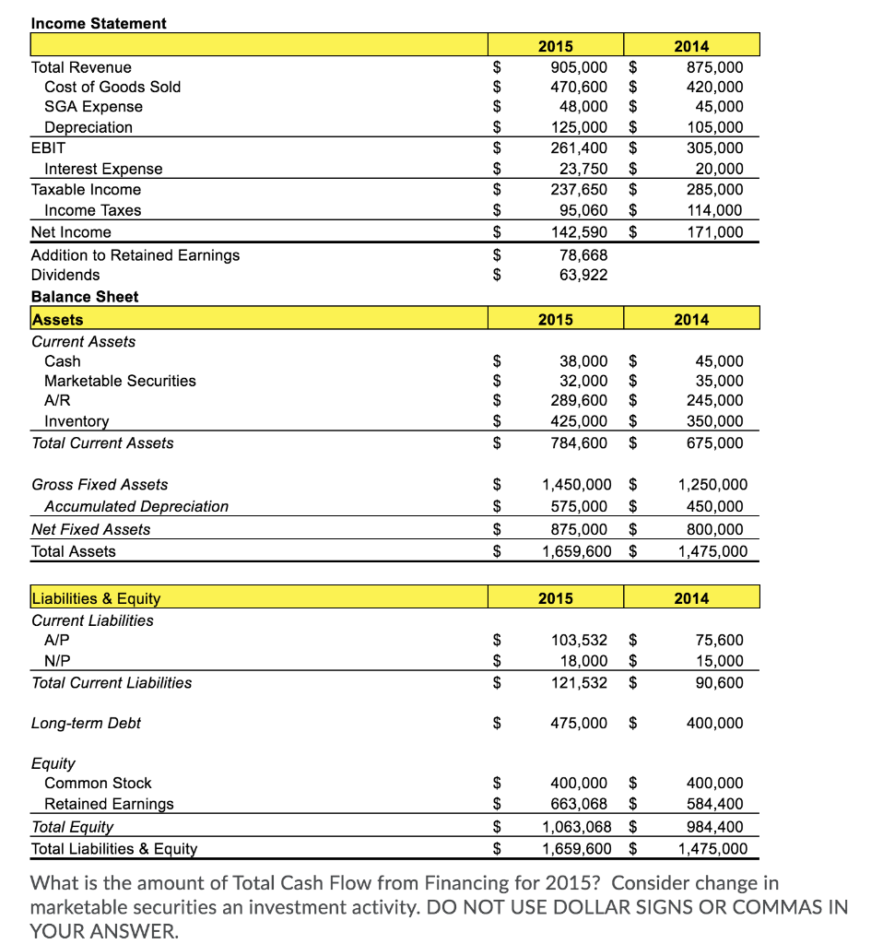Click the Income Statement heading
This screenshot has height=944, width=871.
[x=99, y=23]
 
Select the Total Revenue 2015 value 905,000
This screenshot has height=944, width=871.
[x=578, y=67]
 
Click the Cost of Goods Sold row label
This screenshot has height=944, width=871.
[x=112, y=87]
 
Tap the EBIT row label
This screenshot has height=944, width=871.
[x=48, y=147]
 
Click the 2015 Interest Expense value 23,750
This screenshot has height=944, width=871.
[x=583, y=169]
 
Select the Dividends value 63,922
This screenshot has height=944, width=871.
[x=583, y=275]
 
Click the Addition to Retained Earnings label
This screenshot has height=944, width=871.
[x=135, y=254]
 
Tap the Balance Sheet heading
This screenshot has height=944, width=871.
[x=85, y=296]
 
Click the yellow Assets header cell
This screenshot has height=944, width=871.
[x=57, y=320]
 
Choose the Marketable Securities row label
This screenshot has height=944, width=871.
[x=120, y=381]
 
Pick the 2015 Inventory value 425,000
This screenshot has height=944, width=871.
[x=578, y=421]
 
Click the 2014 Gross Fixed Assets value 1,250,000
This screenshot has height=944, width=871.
[x=712, y=484]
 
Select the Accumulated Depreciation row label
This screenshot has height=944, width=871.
[x=136, y=506]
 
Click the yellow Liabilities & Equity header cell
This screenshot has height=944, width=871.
[x=96, y=598]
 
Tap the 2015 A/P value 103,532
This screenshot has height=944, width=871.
[x=578, y=640]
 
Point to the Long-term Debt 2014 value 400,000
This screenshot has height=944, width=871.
[x=715, y=723]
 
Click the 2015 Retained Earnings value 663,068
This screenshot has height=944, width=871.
[x=578, y=804]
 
